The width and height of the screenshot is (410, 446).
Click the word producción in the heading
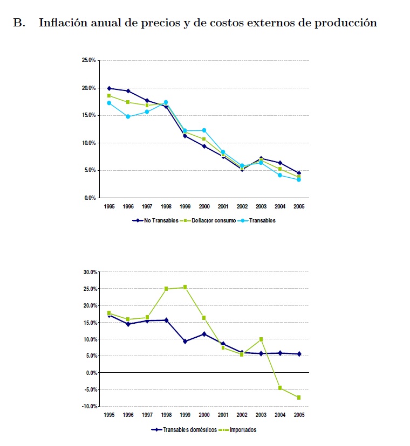click(347, 23)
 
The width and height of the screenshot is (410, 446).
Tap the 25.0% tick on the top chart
click(88, 60)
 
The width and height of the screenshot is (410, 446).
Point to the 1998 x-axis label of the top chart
click(166, 207)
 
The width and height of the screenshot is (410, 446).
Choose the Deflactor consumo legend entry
click(211, 221)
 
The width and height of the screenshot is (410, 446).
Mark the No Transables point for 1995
click(109, 88)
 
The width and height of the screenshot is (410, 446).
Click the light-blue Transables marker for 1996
click(128, 116)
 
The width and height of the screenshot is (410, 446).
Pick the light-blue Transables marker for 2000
click(204, 130)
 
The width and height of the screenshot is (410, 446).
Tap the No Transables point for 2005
click(298, 173)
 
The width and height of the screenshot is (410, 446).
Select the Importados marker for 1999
click(185, 287)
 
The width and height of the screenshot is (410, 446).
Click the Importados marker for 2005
click(298, 398)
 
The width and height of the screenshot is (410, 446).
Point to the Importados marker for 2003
click(261, 339)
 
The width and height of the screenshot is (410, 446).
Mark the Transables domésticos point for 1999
click(185, 342)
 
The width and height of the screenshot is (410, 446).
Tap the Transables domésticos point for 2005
click(298, 354)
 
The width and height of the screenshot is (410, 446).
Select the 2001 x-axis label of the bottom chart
click(223, 415)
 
